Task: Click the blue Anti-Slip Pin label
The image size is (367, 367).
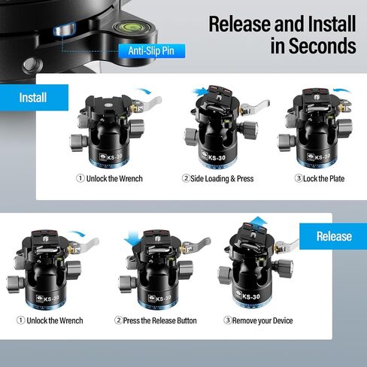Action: [x=152, y=51]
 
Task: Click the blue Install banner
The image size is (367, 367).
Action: [x=34, y=98]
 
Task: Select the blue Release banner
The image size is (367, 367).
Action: [x=333, y=236]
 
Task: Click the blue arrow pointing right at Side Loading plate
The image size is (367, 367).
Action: [x=200, y=92]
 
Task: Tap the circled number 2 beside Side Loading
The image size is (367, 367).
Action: [x=186, y=178]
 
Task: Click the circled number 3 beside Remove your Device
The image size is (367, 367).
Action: [x=227, y=320]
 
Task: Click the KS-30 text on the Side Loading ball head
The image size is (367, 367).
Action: [x=217, y=158]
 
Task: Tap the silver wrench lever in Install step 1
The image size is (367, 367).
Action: [x=150, y=102]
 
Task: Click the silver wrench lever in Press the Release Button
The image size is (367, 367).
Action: [x=198, y=245]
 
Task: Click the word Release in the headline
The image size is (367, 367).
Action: [x=240, y=23]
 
